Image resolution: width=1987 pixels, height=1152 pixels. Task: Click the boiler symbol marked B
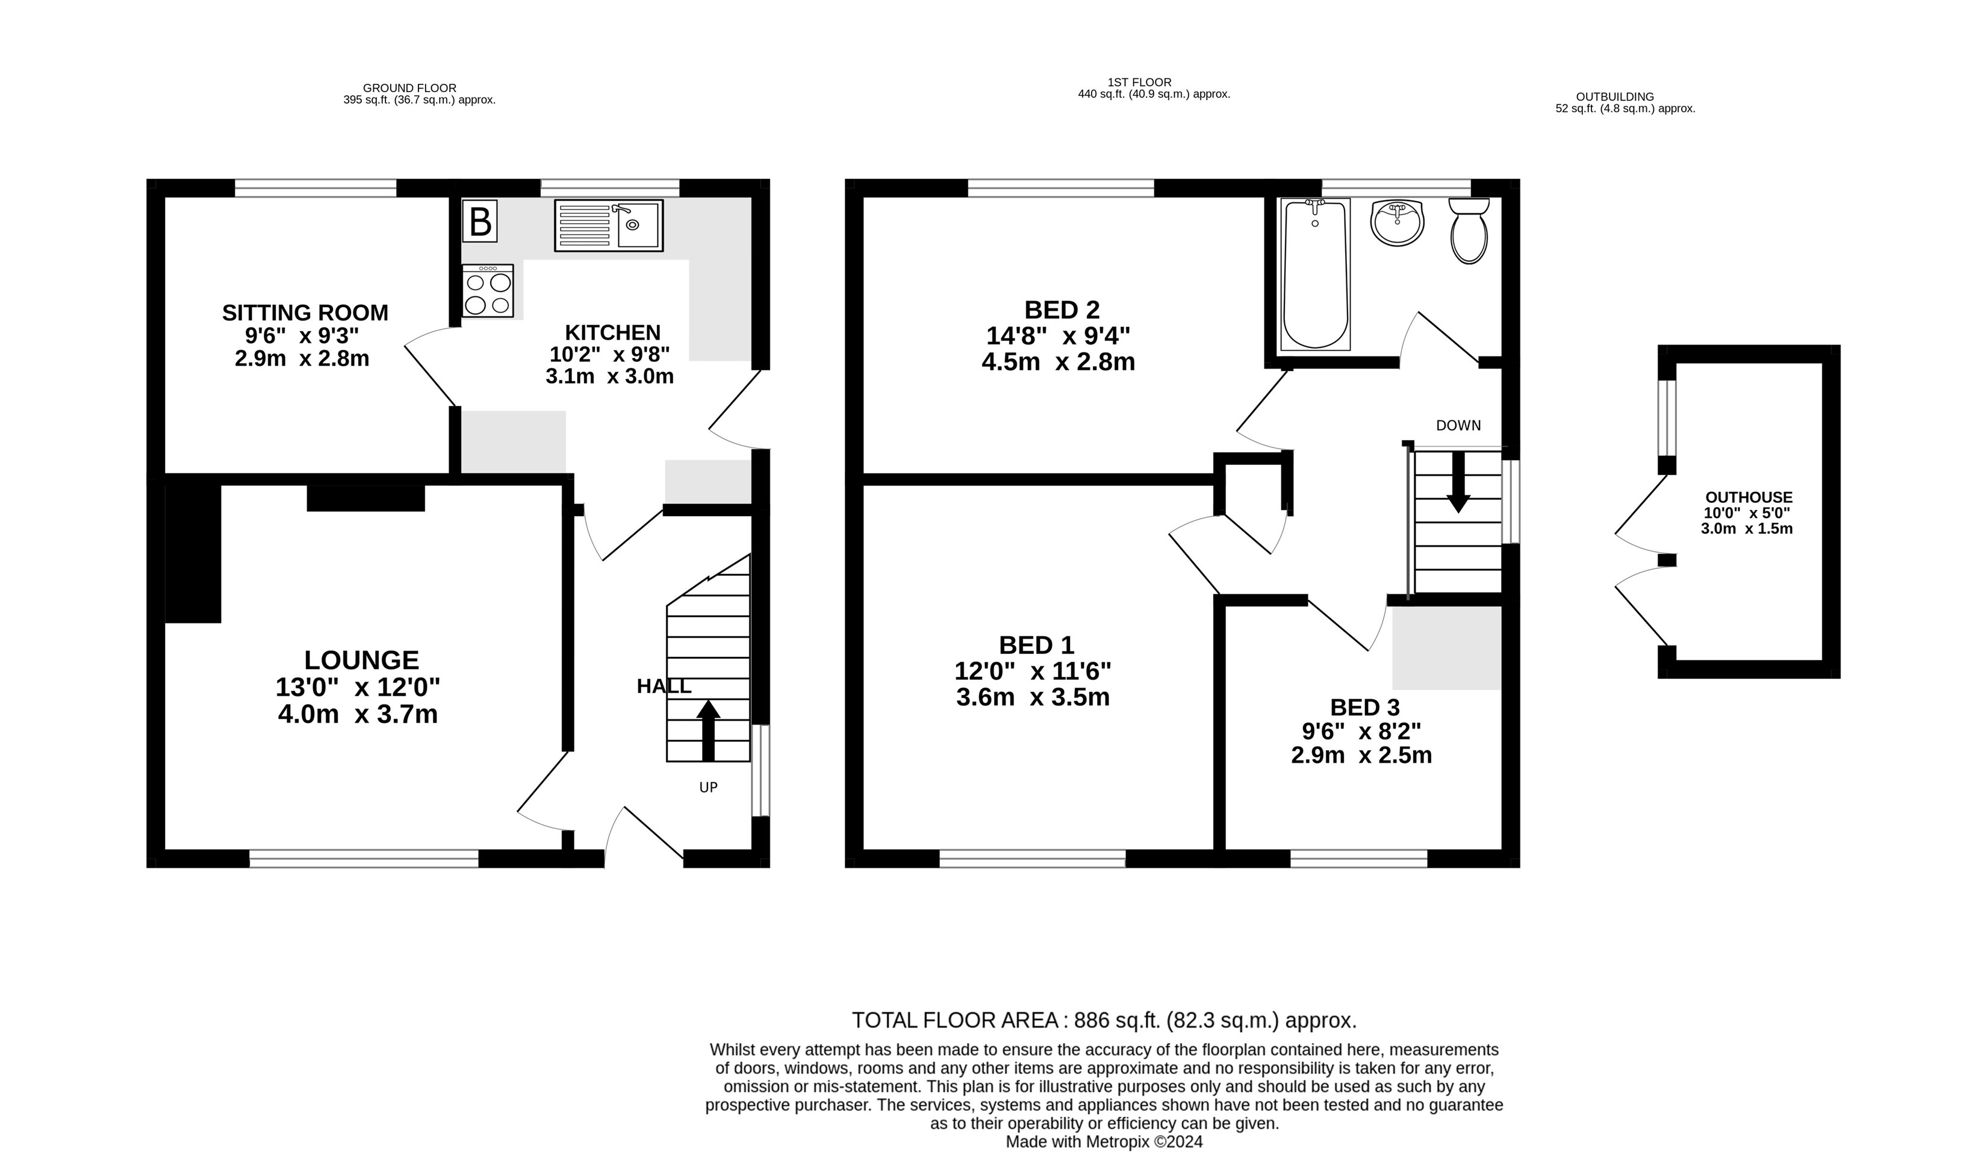[x=479, y=221]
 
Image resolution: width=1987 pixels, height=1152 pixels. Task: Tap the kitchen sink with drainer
[x=608, y=225]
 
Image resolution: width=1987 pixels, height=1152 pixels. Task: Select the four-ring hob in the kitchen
[x=488, y=290]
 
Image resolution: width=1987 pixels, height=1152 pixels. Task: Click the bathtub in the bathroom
[x=1314, y=273]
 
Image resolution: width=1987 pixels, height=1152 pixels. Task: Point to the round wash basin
[x=1397, y=222]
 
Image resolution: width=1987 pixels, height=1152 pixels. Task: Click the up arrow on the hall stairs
[x=708, y=729]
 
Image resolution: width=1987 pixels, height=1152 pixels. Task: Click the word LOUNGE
[x=362, y=659]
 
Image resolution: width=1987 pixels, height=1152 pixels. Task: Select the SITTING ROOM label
[x=305, y=313]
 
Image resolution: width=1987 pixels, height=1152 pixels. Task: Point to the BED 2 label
[x=1062, y=309]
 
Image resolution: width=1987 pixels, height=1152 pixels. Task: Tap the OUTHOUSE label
[x=1749, y=497]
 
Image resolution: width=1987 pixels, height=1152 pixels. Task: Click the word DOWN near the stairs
[x=1458, y=426]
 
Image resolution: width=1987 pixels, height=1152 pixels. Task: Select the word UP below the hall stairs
[x=708, y=787]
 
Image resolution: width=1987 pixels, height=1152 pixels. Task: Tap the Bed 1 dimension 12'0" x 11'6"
[x=1033, y=671]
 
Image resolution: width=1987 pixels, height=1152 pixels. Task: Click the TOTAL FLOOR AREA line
[x=1104, y=1020]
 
